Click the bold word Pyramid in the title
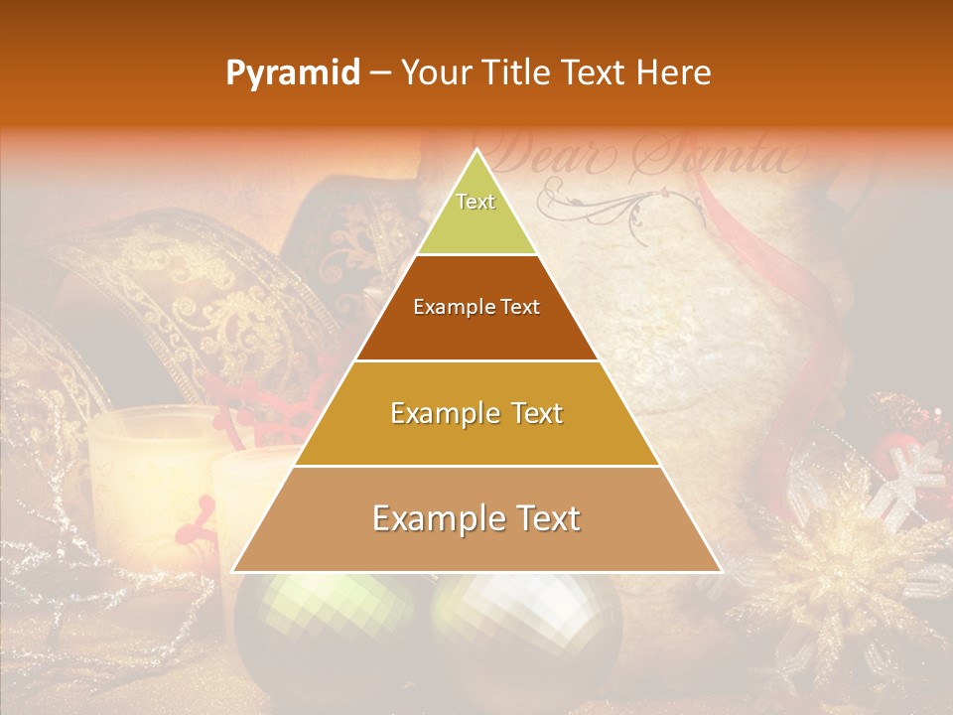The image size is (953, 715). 293,73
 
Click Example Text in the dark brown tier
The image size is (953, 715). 476,307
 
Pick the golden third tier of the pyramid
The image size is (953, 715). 476,413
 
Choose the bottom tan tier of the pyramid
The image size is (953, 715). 476,518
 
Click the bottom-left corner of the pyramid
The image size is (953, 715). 234,571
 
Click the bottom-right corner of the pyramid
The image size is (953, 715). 720,571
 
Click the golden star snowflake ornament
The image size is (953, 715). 854,586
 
